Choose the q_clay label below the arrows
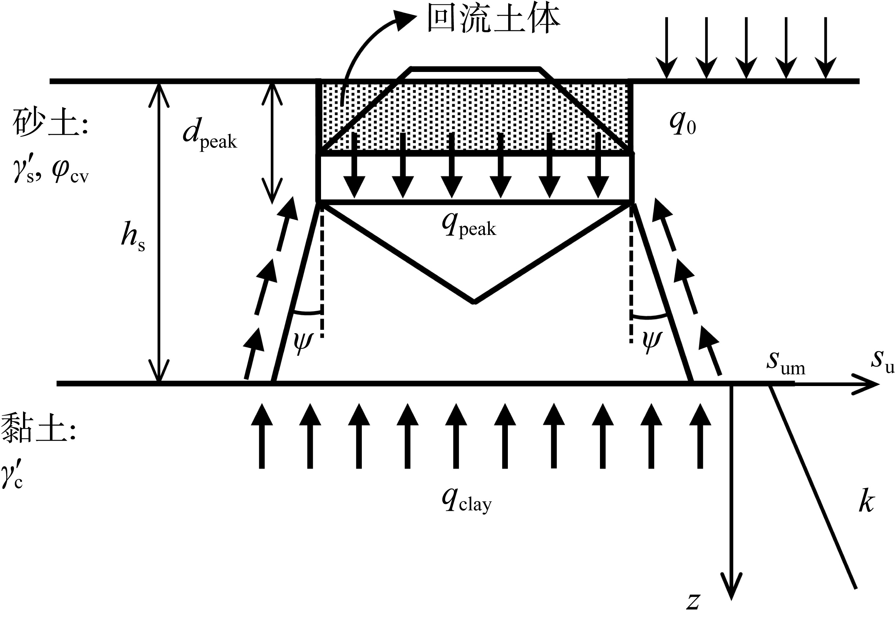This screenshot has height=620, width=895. (466, 501)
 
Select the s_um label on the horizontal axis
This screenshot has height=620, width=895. (785, 363)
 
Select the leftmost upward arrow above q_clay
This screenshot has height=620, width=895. (261, 435)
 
